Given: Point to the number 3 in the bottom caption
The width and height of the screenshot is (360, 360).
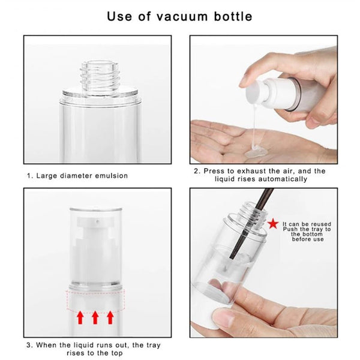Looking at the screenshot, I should [28, 346].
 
